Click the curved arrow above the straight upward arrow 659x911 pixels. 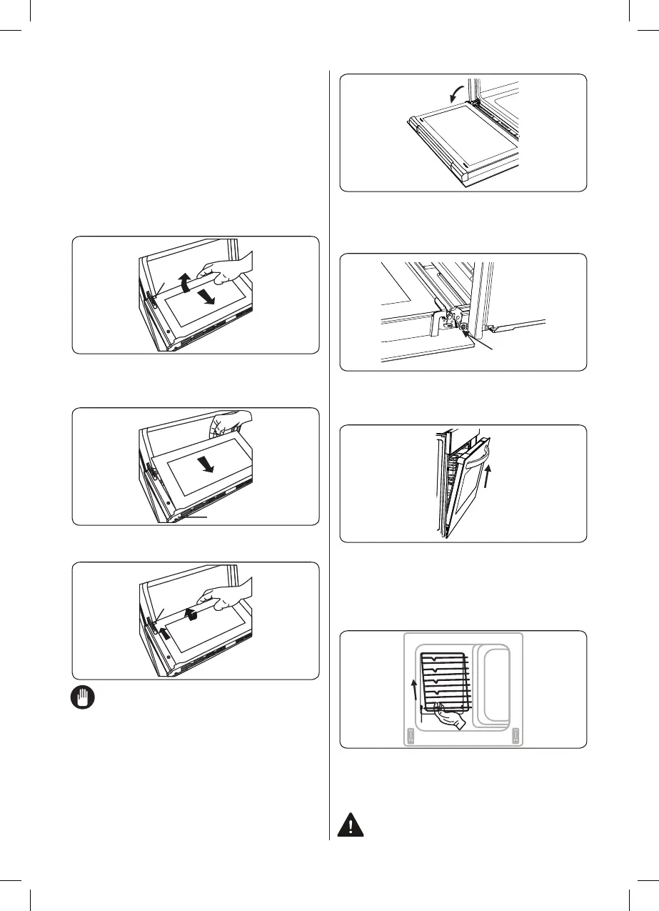coord(190,615)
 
